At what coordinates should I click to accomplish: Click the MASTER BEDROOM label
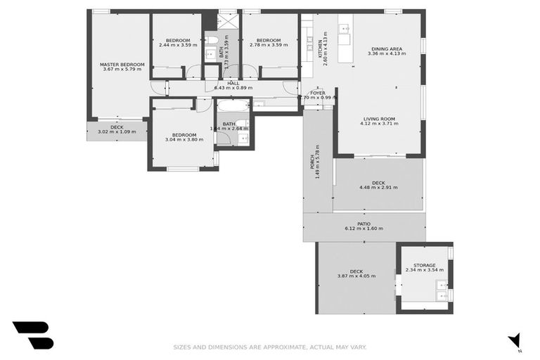pos(122,64)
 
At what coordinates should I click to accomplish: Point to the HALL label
pos(233,83)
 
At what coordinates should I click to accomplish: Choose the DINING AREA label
pos(388,49)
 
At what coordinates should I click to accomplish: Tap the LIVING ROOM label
pos(379,119)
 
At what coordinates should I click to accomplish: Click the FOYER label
pos(318,92)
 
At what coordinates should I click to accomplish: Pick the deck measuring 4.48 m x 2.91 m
pos(378,185)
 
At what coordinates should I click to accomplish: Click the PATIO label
pos(364,224)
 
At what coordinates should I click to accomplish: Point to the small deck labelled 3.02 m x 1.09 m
pos(116,129)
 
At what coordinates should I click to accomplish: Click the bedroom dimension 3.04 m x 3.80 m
pos(184,139)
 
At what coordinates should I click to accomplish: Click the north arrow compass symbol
pos(515,340)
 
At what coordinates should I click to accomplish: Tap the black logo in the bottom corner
pos(32,335)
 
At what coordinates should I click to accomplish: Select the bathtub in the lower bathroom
pos(232,106)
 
